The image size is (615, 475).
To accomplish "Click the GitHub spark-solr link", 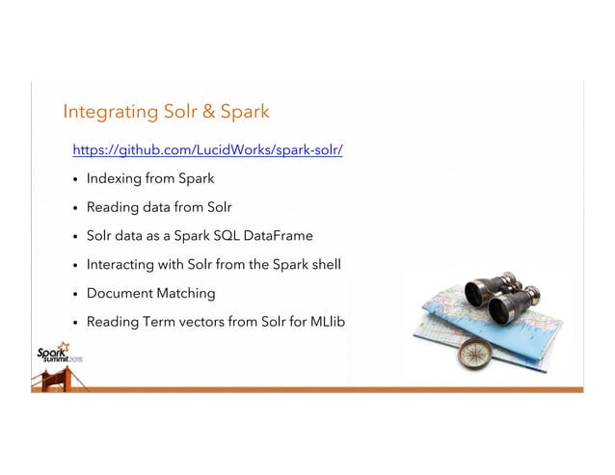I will (x=208, y=151).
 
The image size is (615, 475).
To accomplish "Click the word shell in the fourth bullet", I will (x=328, y=263).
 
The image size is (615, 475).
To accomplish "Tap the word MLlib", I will (x=323, y=320).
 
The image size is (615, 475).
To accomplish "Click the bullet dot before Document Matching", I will (x=75, y=293).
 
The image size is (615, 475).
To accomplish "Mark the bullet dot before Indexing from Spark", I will (x=75, y=180).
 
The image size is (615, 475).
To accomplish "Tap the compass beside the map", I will (x=475, y=352).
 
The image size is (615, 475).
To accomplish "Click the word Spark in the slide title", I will (x=244, y=113).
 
